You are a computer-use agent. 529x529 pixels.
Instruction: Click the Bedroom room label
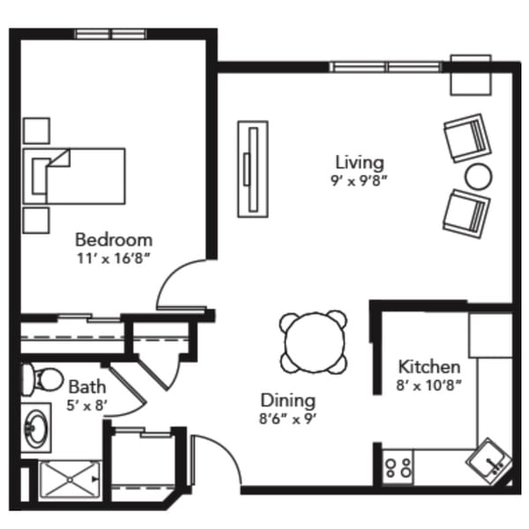(x=113, y=239)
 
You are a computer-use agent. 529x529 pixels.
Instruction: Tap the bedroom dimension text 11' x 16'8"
(x=113, y=258)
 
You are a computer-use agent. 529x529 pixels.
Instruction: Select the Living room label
(x=359, y=162)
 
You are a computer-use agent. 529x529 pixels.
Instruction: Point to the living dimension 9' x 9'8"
(x=359, y=180)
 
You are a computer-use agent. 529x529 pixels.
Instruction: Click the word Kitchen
(x=429, y=367)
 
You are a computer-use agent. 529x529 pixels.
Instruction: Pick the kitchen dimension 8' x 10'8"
(x=429, y=385)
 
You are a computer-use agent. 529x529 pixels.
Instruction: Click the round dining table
(x=314, y=341)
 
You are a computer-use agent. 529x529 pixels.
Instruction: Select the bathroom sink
(x=37, y=428)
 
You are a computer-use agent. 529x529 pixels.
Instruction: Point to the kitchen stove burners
(x=399, y=466)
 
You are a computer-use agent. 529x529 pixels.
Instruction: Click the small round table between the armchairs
(x=478, y=175)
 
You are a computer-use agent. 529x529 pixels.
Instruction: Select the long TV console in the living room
(x=254, y=168)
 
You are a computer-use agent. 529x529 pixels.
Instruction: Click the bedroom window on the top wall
(x=110, y=34)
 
